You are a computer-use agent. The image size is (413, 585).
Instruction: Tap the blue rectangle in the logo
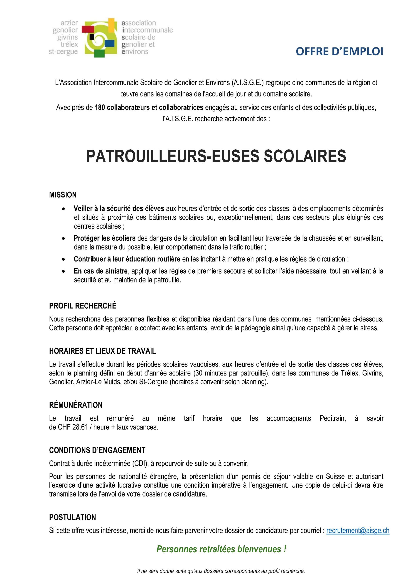[109, 44]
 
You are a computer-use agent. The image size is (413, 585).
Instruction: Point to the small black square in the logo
[92, 37]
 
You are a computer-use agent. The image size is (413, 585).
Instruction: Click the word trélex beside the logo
[69, 44]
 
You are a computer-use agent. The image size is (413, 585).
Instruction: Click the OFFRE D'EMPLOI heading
[340, 51]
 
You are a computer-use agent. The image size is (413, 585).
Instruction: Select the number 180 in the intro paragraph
[100, 108]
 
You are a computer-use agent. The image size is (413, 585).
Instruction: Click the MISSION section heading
[63, 195]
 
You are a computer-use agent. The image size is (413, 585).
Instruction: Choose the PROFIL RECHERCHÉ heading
[83, 306]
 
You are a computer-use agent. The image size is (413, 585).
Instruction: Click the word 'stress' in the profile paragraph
[370, 328]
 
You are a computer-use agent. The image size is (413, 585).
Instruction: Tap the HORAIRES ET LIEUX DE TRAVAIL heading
[102, 351]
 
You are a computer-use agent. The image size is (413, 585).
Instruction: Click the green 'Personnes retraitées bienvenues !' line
[221, 549]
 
